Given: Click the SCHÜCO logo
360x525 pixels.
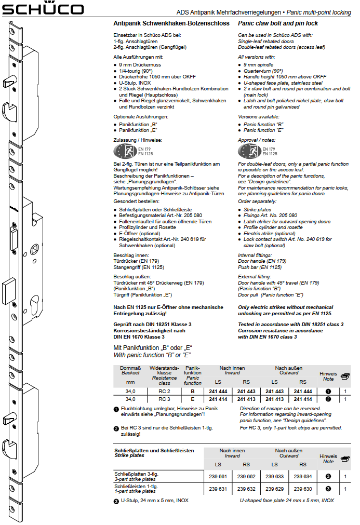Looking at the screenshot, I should click(43, 9).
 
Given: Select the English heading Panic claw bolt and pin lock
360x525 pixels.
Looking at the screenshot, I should click(278, 23).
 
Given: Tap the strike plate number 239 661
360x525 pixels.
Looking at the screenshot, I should click(218, 476).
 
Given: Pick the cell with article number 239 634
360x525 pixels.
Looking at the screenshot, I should click(303, 476).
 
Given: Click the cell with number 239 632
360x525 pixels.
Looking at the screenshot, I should click(246, 489).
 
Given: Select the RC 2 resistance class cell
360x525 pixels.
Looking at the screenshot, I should click(164, 391).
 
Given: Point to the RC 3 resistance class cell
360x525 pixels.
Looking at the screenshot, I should click(164, 399).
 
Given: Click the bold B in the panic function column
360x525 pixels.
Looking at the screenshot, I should click(193, 391).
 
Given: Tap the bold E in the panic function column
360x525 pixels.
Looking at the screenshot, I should click(193, 399).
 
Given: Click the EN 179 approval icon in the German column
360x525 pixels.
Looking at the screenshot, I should click(123, 151).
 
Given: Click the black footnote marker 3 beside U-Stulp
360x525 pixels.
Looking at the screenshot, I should click(116, 501).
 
